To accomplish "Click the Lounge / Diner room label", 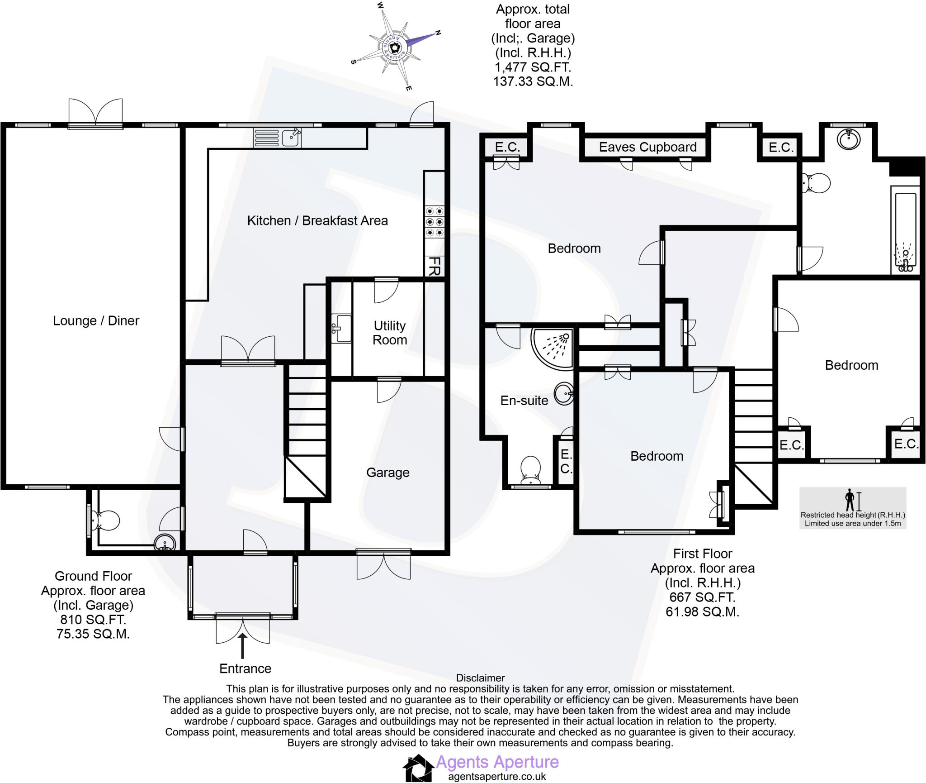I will [x=96, y=320].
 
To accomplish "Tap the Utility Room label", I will [x=389, y=333].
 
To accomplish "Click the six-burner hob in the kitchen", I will [x=434, y=222].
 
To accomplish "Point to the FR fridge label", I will [x=434, y=266].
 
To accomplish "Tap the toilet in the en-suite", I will [x=530, y=468].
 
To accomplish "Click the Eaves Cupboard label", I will [x=647, y=147].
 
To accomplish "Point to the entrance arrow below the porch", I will [x=243, y=645].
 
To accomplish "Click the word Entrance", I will [x=245, y=668].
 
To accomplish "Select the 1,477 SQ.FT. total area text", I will [x=533, y=67].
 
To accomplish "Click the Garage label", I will [x=387, y=473].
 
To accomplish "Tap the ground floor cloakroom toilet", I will [x=105, y=520].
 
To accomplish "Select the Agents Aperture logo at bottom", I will [x=418, y=767].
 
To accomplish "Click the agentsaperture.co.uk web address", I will [x=497, y=776].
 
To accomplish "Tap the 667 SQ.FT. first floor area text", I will [x=702, y=597].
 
